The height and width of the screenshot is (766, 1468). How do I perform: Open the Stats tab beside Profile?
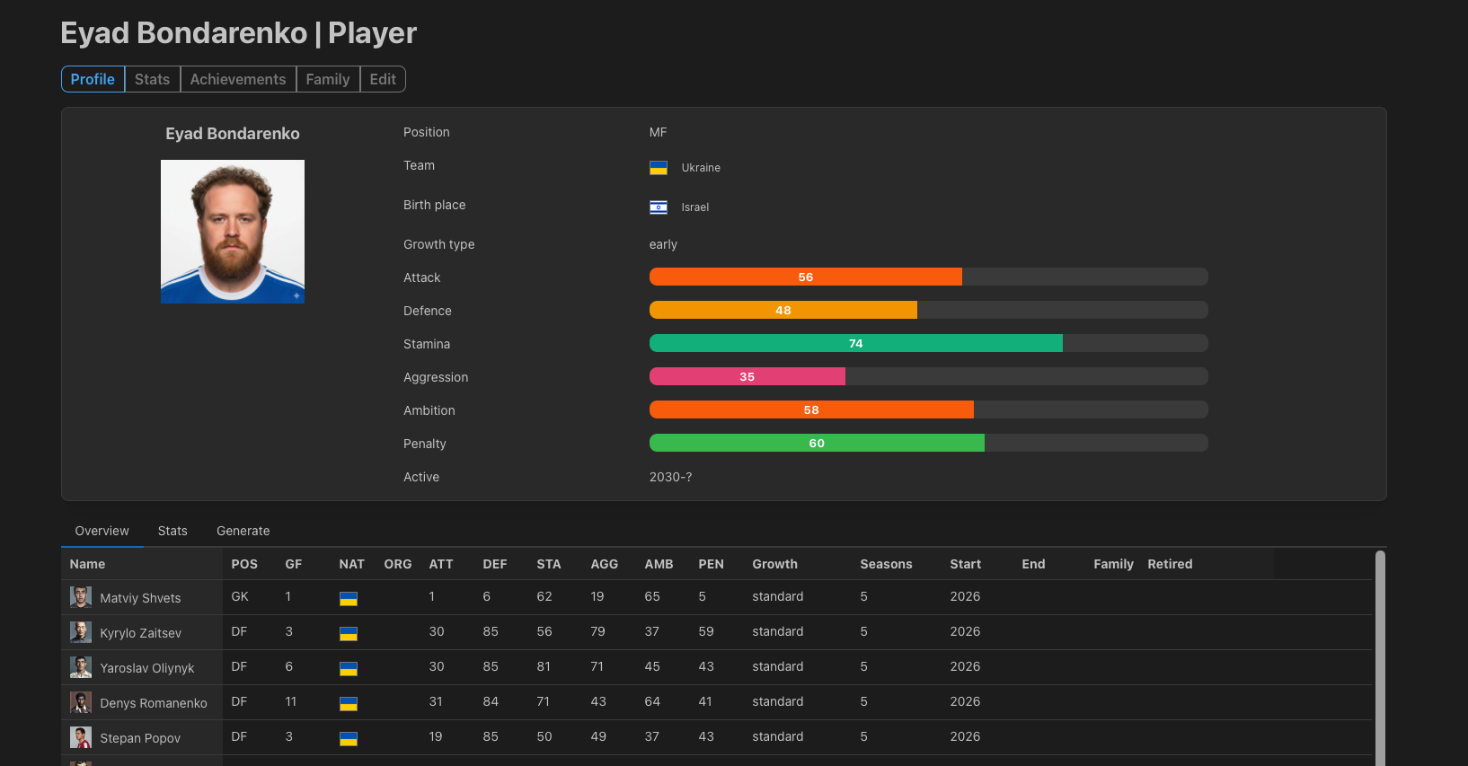point(152,79)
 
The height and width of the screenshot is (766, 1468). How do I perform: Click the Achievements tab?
point(238,79)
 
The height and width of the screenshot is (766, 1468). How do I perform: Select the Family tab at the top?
point(328,79)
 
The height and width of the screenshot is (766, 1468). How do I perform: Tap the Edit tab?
point(383,79)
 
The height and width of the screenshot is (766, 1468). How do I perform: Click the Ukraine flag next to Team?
point(659,168)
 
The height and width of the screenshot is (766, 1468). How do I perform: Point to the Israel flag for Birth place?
point(659,207)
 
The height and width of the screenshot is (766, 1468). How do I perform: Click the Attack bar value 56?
point(806,277)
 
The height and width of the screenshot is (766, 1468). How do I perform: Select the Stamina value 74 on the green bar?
point(856,343)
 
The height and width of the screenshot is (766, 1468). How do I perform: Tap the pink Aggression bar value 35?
point(747,377)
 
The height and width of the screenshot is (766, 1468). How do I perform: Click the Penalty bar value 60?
point(817,444)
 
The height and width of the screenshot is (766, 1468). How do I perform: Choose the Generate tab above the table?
point(243,531)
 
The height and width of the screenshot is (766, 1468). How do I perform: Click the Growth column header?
point(774,564)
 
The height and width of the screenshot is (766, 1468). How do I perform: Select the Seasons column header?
point(886,564)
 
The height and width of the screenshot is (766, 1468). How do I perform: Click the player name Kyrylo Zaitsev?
point(140,633)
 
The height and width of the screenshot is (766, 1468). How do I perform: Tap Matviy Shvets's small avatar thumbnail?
point(81,597)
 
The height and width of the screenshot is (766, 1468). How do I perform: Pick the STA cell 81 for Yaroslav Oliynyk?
point(544,666)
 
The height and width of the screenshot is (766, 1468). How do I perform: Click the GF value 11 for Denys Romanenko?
point(290,701)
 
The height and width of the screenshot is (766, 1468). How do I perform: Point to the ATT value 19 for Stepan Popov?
point(436,736)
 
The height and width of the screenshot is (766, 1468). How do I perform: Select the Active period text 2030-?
point(670,477)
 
